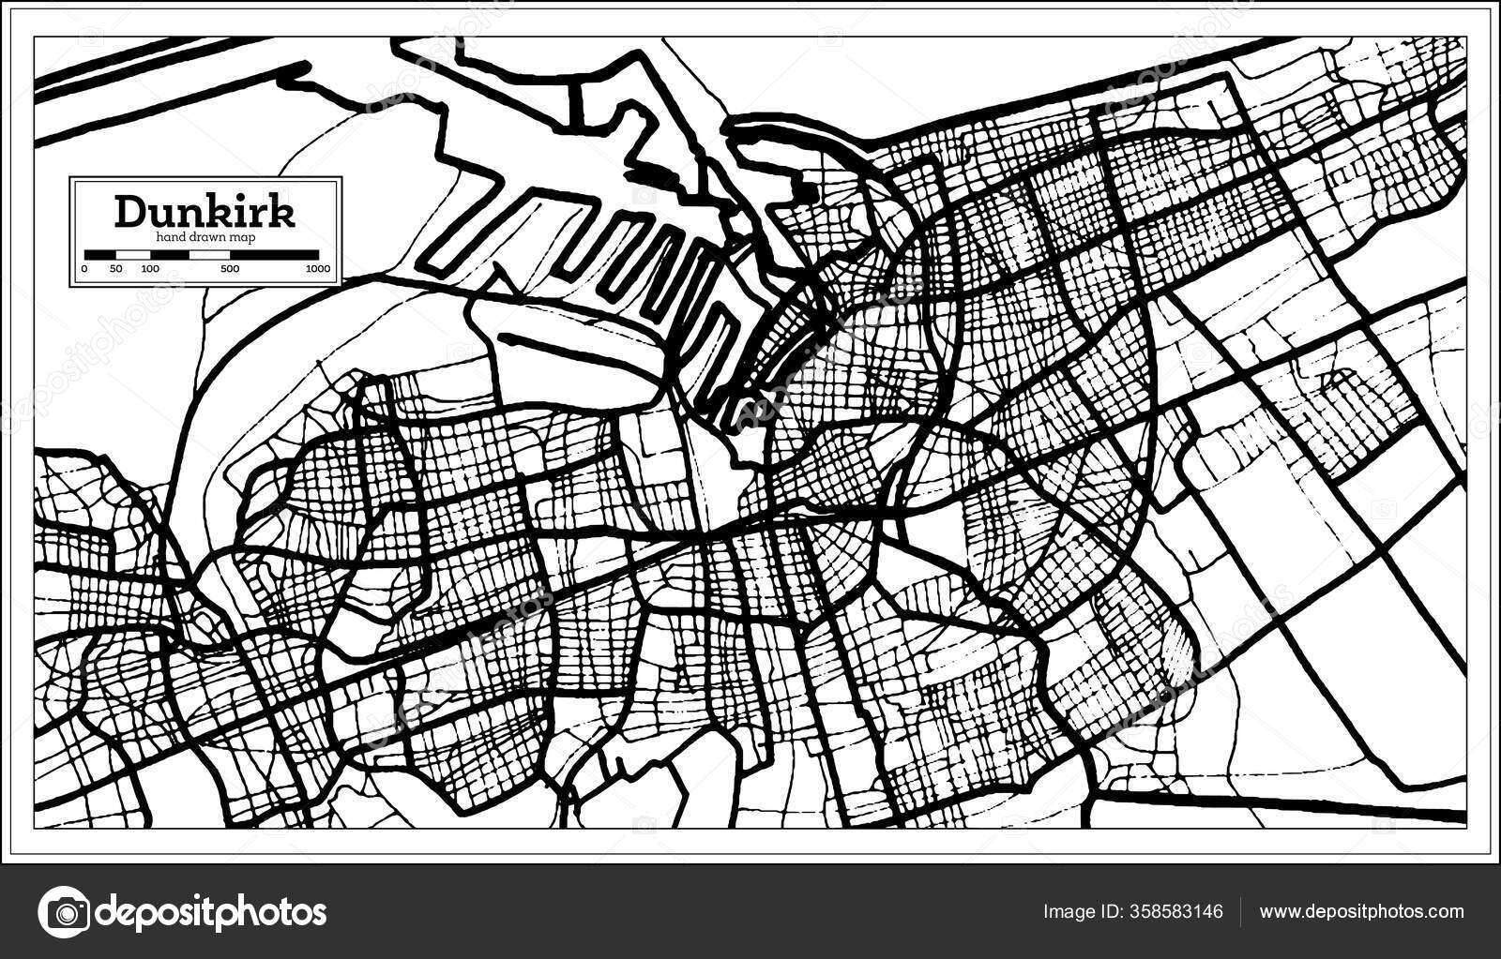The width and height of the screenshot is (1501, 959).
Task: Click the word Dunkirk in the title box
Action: [205, 212]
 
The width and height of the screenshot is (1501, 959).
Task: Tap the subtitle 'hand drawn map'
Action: [205, 238]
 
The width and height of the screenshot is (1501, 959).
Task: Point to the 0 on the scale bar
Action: [84, 269]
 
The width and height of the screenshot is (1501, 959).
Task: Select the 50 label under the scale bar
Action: [116, 269]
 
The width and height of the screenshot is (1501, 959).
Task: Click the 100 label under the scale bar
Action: [149, 269]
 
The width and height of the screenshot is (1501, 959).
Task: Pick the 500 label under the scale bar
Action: [230, 269]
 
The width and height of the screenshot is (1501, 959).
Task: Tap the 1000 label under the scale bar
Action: [317, 269]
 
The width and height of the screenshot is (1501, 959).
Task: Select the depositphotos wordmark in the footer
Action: [212, 911]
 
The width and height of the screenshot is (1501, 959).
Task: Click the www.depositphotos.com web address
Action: [1361, 911]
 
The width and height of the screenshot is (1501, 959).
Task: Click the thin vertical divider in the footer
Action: [1241, 911]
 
